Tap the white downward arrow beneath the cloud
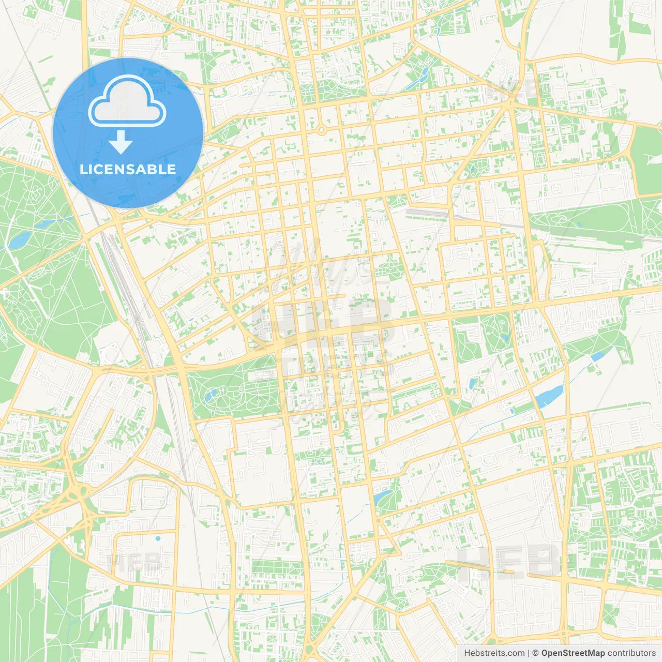coord(121,142)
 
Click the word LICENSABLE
coord(127,169)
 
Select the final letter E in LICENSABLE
coord(171,169)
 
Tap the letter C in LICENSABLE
coord(99,169)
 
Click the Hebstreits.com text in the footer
coord(494,653)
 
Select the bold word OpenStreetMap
coord(573,653)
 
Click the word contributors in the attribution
coord(631,653)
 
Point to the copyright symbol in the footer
coord(536,653)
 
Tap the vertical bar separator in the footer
coord(528,653)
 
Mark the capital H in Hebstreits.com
coord(467,653)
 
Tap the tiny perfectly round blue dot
coord(158,538)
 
